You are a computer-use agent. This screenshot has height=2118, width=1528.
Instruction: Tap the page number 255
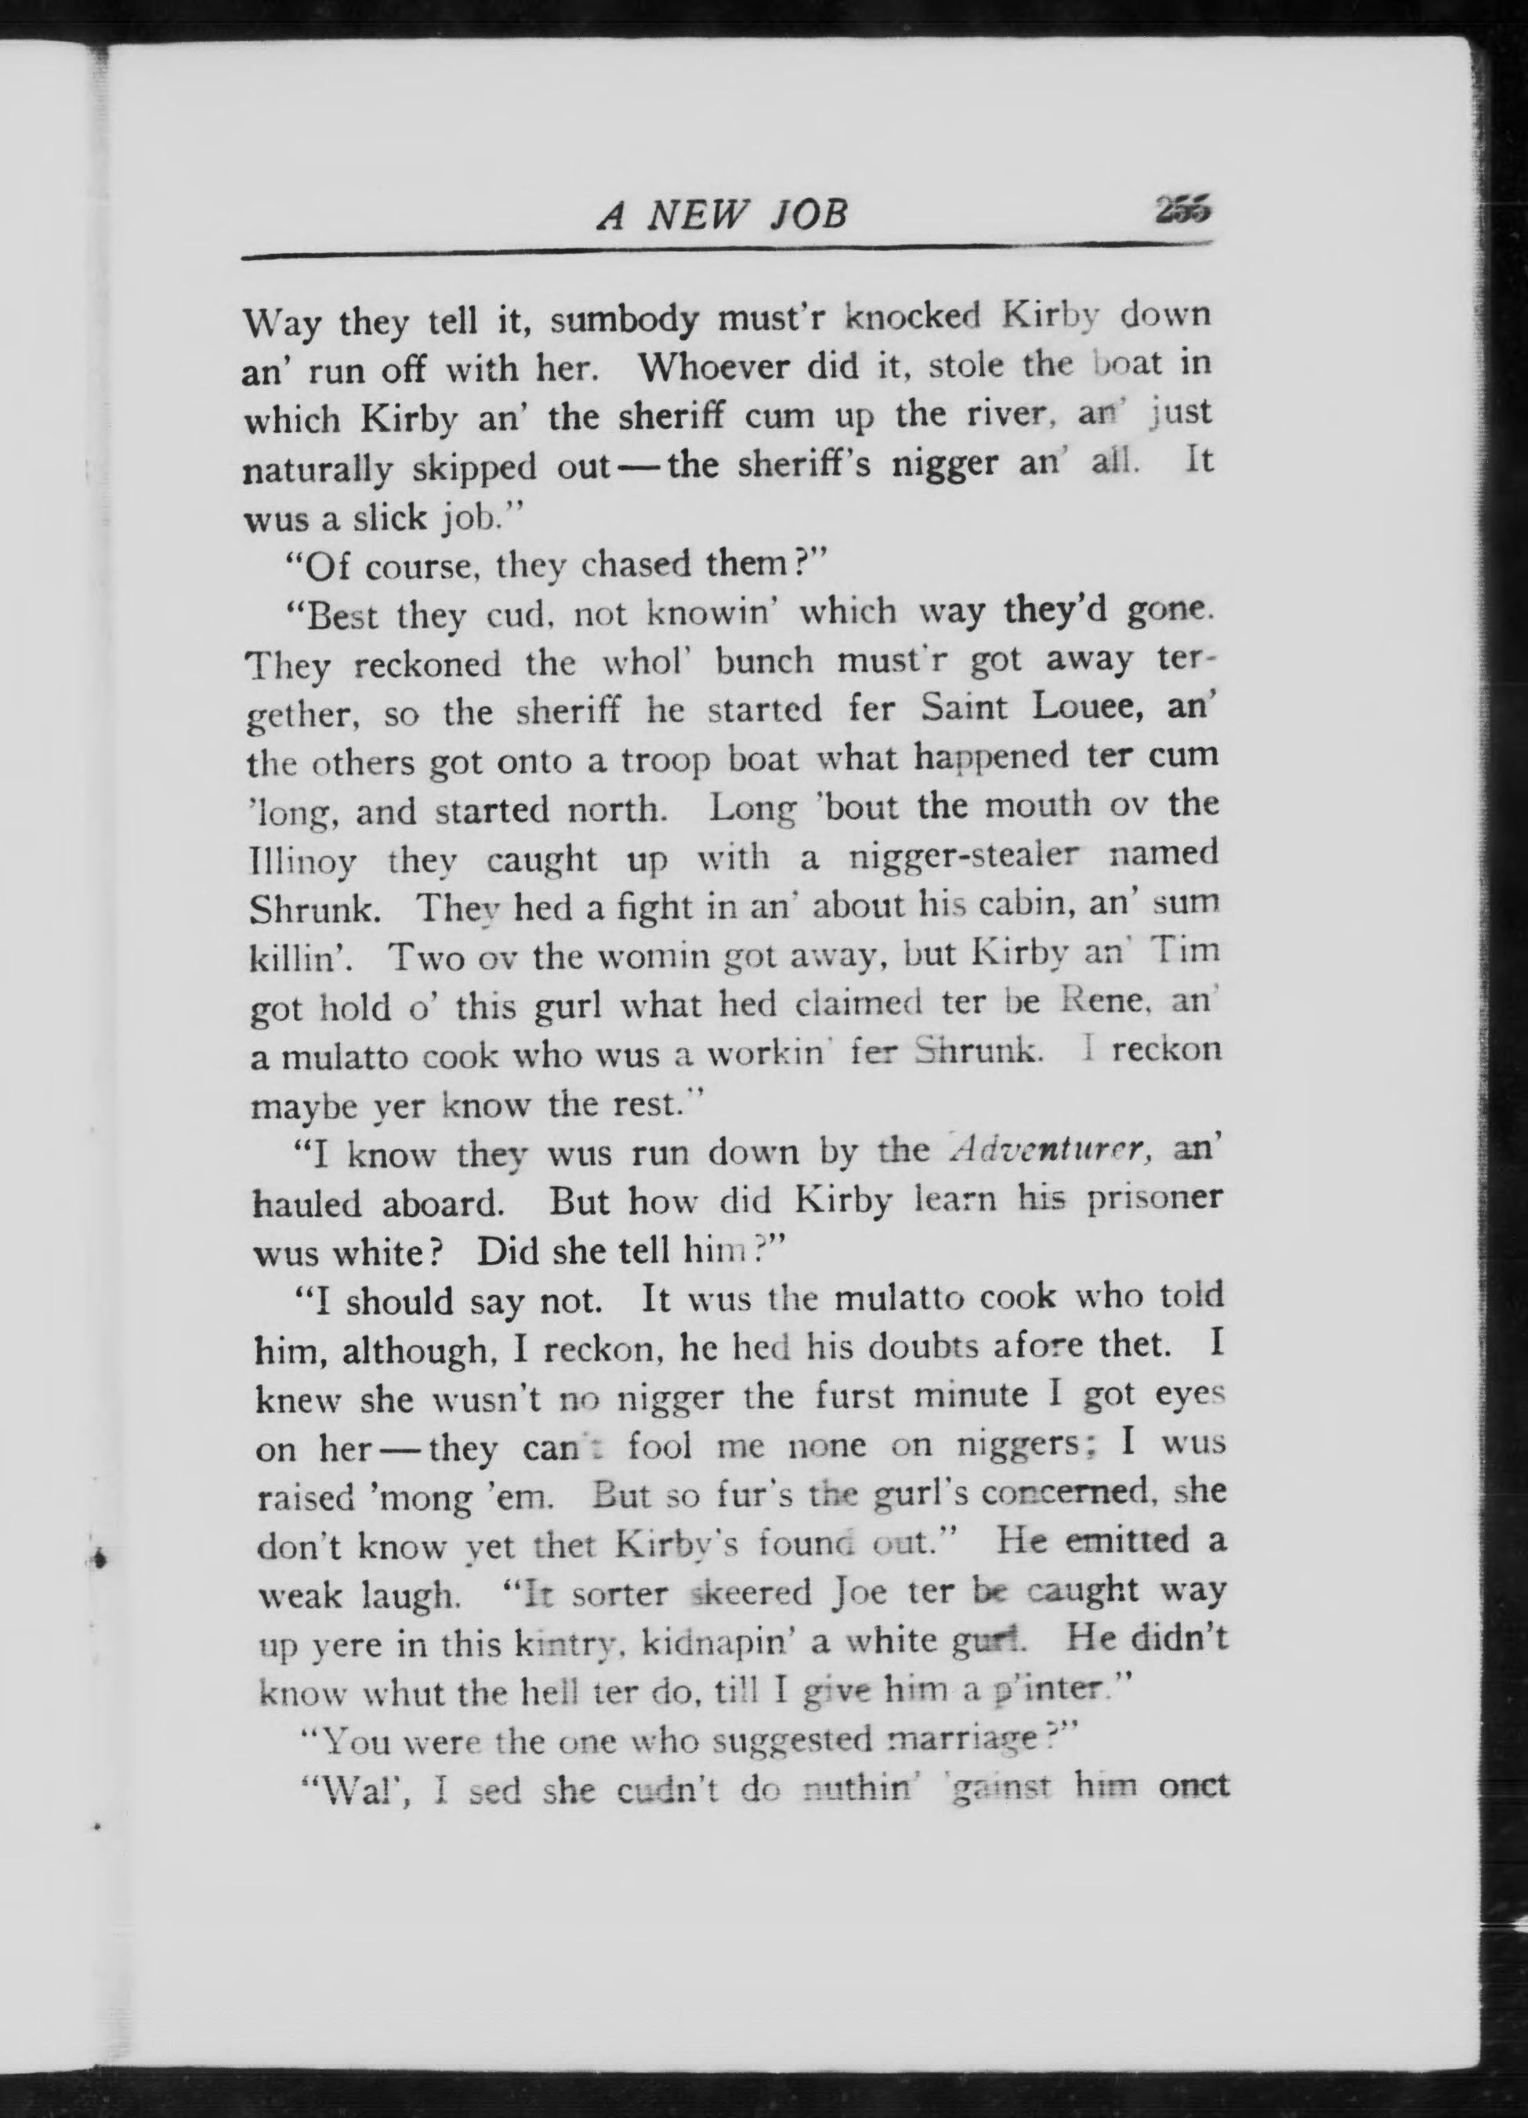1182,211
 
